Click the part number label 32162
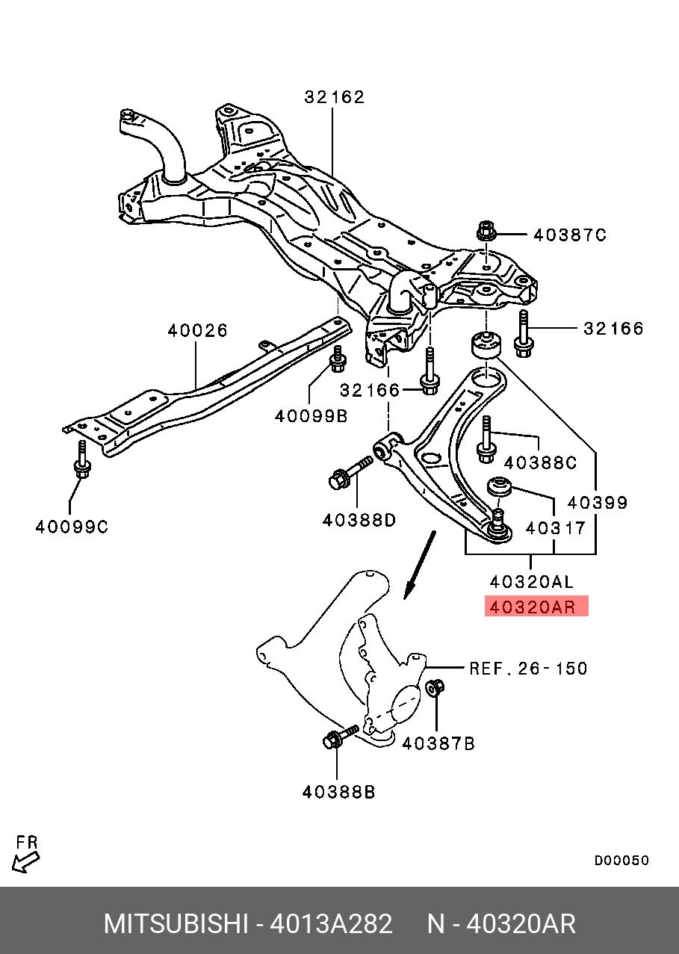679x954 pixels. (334, 97)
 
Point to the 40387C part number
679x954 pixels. (569, 235)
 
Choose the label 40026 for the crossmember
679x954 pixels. (197, 330)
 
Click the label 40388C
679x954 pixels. (540, 463)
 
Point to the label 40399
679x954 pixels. (597, 503)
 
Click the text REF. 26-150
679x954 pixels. (527, 668)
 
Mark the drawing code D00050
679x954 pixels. (621, 861)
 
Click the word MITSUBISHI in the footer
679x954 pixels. (175, 924)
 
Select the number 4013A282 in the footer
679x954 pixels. (331, 924)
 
